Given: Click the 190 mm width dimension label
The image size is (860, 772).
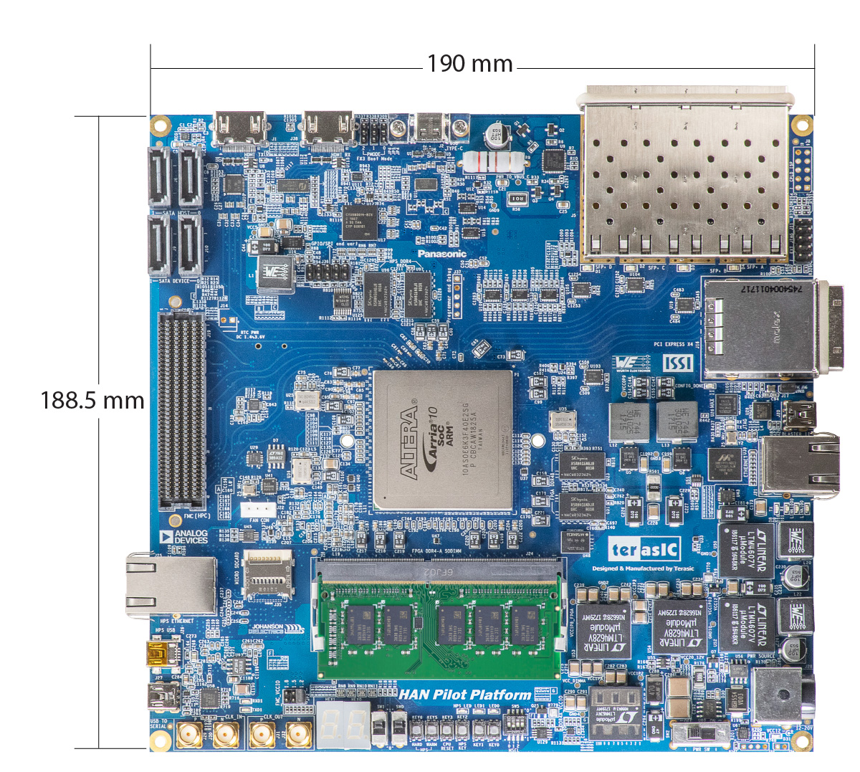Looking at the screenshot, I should click(470, 64).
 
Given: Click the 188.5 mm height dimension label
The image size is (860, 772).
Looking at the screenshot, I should click(92, 400).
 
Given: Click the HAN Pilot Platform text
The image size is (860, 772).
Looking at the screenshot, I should click(465, 695).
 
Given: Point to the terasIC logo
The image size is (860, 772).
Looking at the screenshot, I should click(644, 550).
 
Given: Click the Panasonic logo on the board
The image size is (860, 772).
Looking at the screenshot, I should click(442, 254).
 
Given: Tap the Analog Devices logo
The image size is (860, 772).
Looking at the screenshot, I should click(183, 536).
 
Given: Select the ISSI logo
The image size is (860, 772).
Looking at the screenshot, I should click(677, 363).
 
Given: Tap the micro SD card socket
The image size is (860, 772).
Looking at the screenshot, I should click(269, 576).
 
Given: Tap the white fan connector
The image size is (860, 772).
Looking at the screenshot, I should click(255, 510).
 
